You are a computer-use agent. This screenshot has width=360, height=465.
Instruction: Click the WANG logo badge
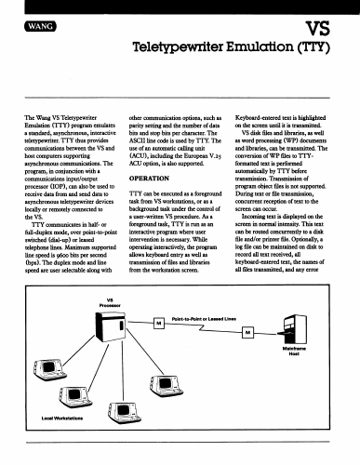pyautogui.click(x=40, y=26)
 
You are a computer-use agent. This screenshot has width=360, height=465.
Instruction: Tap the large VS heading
pyautogui.click(x=318, y=29)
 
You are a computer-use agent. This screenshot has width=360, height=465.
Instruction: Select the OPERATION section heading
pyautogui.click(x=149, y=179)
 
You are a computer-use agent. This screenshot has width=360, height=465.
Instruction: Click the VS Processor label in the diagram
pyautogui.click(x=110, y=302)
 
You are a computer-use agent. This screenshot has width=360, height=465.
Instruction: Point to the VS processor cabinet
pyautogui.click(x=111, y=326)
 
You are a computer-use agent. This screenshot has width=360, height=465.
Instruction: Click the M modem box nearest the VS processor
pyautogui.click(x=159, y=323)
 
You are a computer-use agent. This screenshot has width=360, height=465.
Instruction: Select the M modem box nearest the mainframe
pyautogui.click(x=247, y=333)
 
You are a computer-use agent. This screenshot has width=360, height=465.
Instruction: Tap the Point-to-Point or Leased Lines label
pyautogui.click(x=204, y=319)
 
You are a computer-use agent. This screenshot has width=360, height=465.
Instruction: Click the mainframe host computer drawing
pyautogui.click(x=294, y=329)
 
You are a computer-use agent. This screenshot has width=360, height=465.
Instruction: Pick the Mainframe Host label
pyautogui.click(x=294, y=351)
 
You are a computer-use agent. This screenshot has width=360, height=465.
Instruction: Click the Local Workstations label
pyautogui.click(x=62, y=418)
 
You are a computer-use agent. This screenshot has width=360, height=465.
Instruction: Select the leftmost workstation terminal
pyautogui.click(x=49, y=369)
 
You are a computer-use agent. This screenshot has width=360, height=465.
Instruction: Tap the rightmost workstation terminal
pyautogui.click(x=167, y=386)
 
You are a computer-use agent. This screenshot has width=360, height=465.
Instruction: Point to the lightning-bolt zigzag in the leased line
pyautogui.click(x=203, y=327)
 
